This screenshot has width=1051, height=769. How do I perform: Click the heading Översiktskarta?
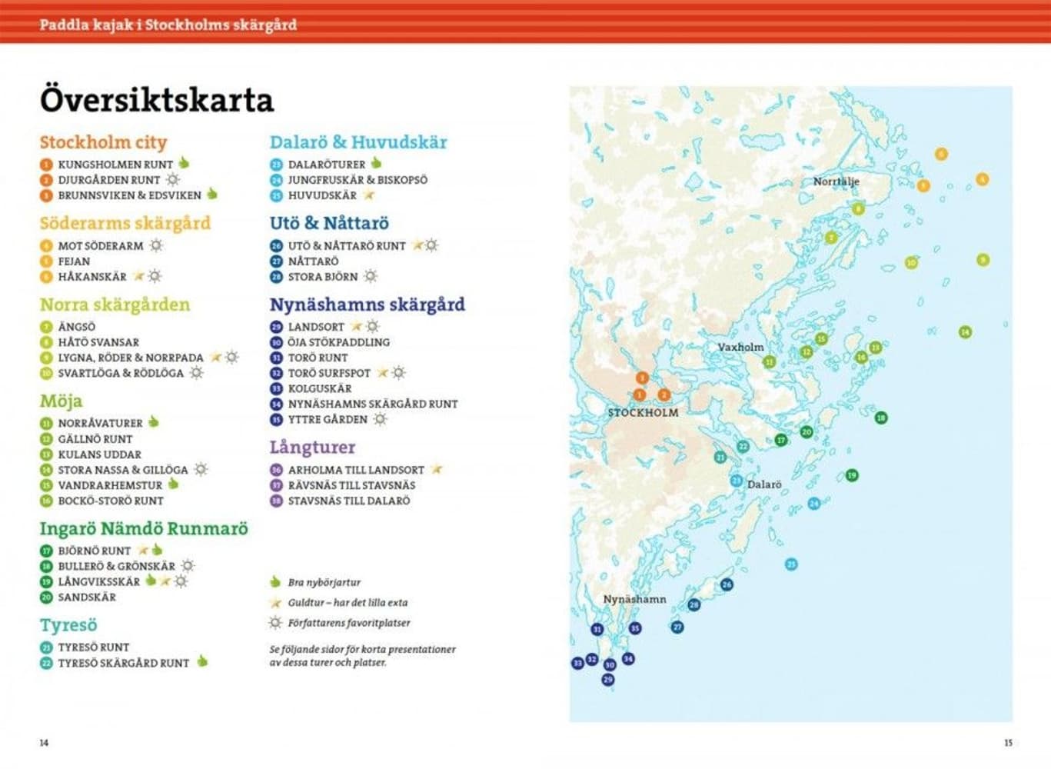(156, 101)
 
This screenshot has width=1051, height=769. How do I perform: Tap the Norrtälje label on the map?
(836, 181)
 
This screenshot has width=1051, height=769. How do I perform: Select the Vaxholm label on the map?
(740, 347)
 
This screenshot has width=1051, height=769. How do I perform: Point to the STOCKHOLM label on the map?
(643, 412)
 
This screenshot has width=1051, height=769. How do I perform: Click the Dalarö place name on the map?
(763, 484)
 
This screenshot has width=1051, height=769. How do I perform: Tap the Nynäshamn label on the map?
(634, 599)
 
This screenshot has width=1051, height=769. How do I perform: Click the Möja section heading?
(61, 401)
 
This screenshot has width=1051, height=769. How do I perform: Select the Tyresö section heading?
(68, 625)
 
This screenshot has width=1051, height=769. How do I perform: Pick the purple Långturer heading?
(312, 447)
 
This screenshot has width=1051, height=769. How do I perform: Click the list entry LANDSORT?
(316, 327)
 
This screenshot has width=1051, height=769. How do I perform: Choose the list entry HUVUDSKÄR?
(322, 195)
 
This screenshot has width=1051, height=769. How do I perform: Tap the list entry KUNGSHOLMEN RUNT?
(115, 165)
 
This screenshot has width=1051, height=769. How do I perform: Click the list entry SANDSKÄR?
(87, 597)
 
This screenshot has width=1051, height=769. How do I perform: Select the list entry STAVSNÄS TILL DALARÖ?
(348, 501)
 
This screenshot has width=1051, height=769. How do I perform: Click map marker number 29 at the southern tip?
(608, 680)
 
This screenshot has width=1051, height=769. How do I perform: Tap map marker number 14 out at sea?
(965, 332)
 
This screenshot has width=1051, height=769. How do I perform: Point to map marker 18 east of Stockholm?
(881, 418)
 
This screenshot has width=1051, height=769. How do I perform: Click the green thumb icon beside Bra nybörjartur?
(275, 582)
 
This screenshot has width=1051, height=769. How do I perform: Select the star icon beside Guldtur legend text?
(275, 603)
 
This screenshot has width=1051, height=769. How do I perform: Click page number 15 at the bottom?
(1008, 743)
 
